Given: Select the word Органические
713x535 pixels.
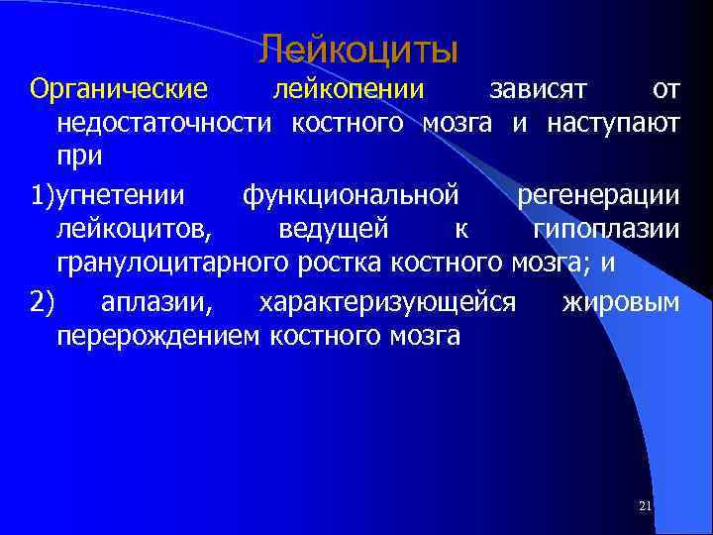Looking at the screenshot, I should click(x=119, y=90).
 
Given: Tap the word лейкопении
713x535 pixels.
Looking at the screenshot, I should click(x=348, y=90).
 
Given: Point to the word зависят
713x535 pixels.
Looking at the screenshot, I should click(x=540, y=90).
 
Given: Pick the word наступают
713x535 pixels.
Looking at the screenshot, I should click(x=610, y=124).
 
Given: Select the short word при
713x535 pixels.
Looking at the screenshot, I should click(x=79, y=158).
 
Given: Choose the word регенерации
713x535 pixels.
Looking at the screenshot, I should click(x=598, y=196).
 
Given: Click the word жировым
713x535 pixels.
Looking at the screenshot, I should click(x=620, y=302).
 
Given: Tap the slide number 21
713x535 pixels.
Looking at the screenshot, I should click(x=646, y=506).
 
